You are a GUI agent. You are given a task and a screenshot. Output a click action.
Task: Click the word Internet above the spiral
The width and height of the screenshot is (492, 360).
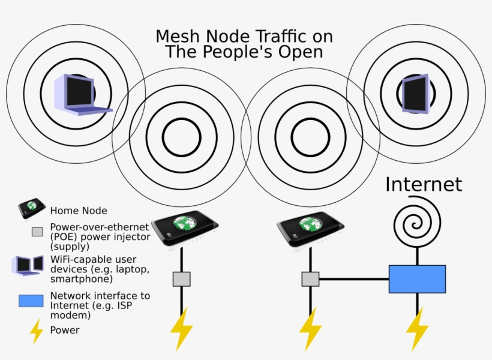424,184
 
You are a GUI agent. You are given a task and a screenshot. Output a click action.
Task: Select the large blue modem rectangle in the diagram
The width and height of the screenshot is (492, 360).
417,279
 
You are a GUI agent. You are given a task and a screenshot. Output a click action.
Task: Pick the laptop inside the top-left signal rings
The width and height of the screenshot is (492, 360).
80,94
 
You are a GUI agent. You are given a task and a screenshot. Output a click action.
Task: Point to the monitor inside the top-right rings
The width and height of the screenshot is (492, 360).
415,94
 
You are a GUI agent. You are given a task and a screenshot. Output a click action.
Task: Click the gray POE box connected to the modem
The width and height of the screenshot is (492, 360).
310,279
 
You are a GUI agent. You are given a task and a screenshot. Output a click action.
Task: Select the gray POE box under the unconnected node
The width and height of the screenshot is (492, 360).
181,279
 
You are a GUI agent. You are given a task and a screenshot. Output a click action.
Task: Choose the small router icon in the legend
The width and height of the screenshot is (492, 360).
32,208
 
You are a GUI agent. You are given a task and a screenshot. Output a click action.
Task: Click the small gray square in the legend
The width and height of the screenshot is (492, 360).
37,232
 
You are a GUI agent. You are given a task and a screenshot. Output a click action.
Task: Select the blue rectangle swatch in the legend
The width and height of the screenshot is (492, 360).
31,301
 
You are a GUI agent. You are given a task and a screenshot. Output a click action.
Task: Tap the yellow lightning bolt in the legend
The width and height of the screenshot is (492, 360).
37,331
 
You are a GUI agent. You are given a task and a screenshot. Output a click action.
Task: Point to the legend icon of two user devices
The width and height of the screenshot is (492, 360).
29,265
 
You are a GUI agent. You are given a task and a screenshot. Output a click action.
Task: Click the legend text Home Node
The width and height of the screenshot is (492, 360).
79,211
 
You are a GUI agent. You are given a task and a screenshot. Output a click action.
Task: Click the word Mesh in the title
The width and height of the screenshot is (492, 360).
176,36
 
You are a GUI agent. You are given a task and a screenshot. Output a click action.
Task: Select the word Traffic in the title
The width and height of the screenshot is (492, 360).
280,36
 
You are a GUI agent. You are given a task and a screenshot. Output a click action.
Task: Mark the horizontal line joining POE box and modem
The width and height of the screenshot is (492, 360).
353,279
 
